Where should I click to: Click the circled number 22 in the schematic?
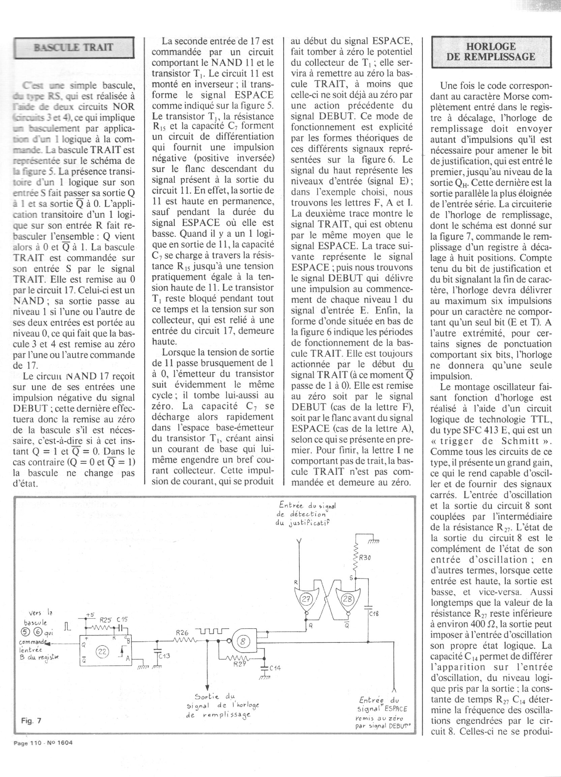(x=102, y=652)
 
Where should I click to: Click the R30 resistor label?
(x=365, y=558)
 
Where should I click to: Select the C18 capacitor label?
(x=374, y=614)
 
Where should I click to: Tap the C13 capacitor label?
(x=165, y=656)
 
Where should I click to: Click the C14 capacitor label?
(x=275, y=668)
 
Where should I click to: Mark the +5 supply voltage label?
(x=90, y=615)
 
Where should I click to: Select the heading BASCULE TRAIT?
(x=73, y=47)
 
